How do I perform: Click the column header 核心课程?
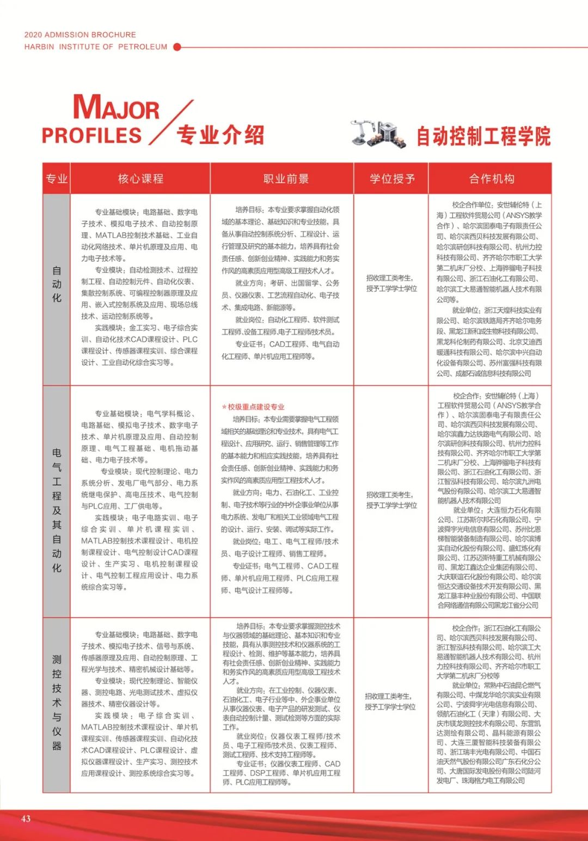tap(140, 179)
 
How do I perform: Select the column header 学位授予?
tap(392, 179)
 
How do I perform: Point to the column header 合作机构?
tap(492, 179)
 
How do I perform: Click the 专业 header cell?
tap(57, 179)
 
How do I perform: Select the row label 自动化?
tap(57, 284)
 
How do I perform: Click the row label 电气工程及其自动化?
tap(57, 510)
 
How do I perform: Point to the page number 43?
tap(26, 818)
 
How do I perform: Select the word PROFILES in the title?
tap(92, 136)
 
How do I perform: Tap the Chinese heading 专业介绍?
tap(220, 135)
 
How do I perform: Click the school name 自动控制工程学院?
tap(483, 136)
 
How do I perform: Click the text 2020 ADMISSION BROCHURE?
tap(80, 34)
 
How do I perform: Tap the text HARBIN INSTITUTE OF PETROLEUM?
tap(96, 47)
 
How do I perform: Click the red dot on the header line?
tap(177, 47)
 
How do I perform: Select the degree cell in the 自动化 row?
tap(391, 283)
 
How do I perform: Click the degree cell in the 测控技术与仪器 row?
tap(390, 701)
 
